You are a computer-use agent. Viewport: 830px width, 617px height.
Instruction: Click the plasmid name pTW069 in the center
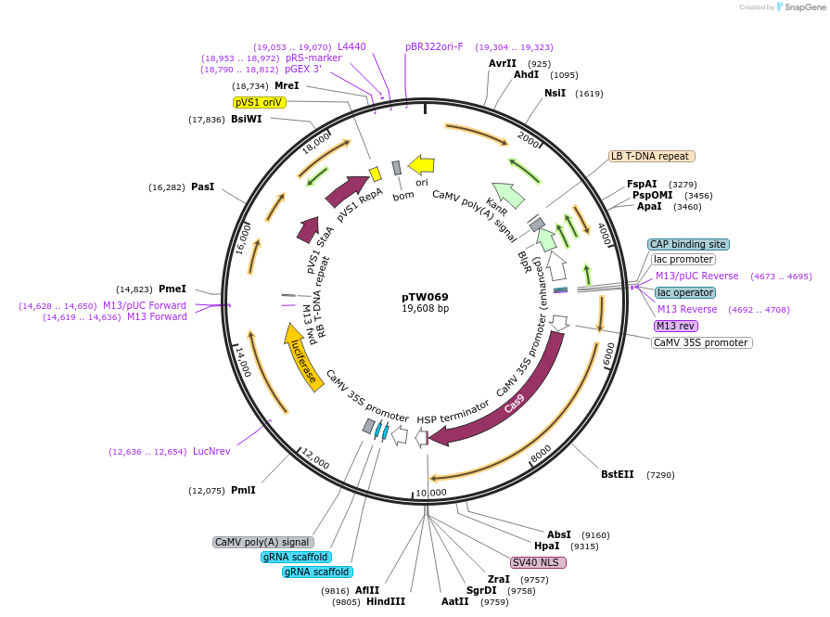point(425,297)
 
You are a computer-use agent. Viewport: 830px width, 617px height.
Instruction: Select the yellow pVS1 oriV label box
point(258,102)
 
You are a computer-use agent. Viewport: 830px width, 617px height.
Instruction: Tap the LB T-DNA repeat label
point(650,156)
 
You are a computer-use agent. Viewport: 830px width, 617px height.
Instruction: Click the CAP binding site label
point(688,244)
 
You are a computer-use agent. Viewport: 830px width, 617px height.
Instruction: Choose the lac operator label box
point(685,292)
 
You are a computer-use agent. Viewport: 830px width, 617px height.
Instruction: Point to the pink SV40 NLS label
point(538,562)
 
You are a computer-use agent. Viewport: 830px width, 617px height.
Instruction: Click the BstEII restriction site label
point(617,474)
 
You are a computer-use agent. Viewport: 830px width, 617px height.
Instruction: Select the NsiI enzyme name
point(555,93)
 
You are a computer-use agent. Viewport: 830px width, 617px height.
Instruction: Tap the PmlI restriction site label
point(243,490)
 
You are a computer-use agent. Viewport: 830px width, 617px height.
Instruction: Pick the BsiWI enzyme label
point(246,119)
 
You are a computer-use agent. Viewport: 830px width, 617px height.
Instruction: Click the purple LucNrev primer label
point(211,451)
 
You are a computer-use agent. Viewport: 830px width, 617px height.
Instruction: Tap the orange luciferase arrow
point(303,358)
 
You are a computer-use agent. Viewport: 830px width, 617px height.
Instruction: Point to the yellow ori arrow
point(422,165)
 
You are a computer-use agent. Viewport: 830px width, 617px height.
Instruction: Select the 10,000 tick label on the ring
point(430,492)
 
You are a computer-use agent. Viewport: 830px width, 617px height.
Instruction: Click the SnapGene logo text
point(804,7)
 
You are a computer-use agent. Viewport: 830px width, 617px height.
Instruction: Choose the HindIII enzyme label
point(386,601)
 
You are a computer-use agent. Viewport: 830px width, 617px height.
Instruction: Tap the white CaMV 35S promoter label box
point(701,342)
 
